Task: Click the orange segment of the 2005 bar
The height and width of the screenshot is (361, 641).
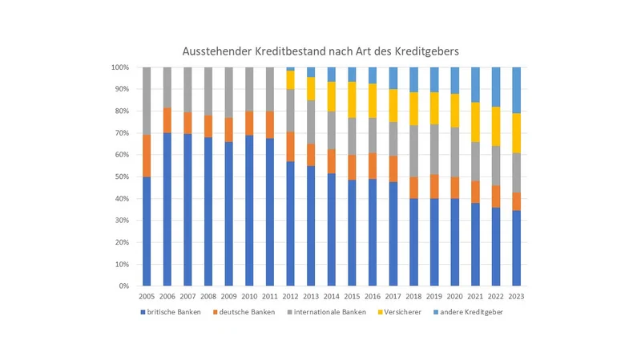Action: pyautogui.click(x=147, y=156)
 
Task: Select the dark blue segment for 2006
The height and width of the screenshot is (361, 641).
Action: pyautogui.click(x=167, y=209)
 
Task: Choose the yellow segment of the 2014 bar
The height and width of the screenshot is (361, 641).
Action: pyautogui.click(x=331, y=96)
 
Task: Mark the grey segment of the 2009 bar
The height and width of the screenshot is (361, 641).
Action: pyautogui.click(x=228, y=92)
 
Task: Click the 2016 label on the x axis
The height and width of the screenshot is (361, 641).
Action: pyautogui.click(x=372, y=295)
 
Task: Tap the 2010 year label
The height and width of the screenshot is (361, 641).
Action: pyautogui.click(x=249, y=295)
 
